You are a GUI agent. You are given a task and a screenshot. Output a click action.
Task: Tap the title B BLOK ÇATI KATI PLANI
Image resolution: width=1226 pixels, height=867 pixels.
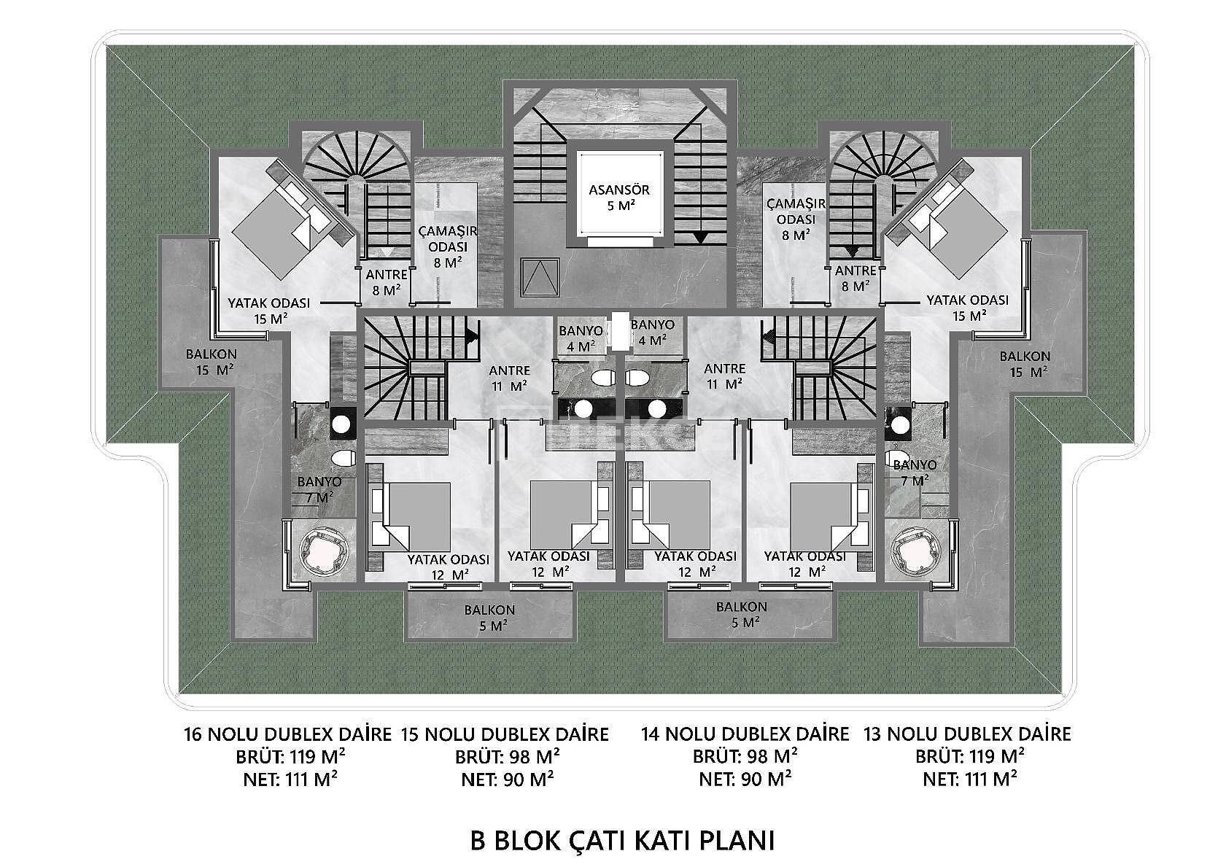pos(621,839)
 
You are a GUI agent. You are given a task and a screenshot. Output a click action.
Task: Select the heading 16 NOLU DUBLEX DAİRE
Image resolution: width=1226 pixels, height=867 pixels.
pos(288,734)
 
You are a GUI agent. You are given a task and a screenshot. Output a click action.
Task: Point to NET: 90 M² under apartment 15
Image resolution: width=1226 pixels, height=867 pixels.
pos(507,779)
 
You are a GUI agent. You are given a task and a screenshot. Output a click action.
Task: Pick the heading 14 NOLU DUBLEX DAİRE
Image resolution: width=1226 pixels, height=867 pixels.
pos(745,734)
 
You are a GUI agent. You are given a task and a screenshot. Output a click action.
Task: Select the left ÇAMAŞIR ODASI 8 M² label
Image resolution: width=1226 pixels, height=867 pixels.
pos(448,246)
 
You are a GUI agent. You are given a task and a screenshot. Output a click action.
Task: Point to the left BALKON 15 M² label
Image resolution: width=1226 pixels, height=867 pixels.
pos(211,362)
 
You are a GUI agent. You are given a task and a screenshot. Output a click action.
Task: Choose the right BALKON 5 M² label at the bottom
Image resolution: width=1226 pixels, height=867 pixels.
pos(741,615)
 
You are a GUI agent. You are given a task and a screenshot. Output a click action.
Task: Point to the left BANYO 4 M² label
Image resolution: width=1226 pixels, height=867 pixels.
pos(581,338)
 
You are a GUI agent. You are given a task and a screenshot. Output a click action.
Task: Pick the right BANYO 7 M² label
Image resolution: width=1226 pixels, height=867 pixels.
pos(914,473)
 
